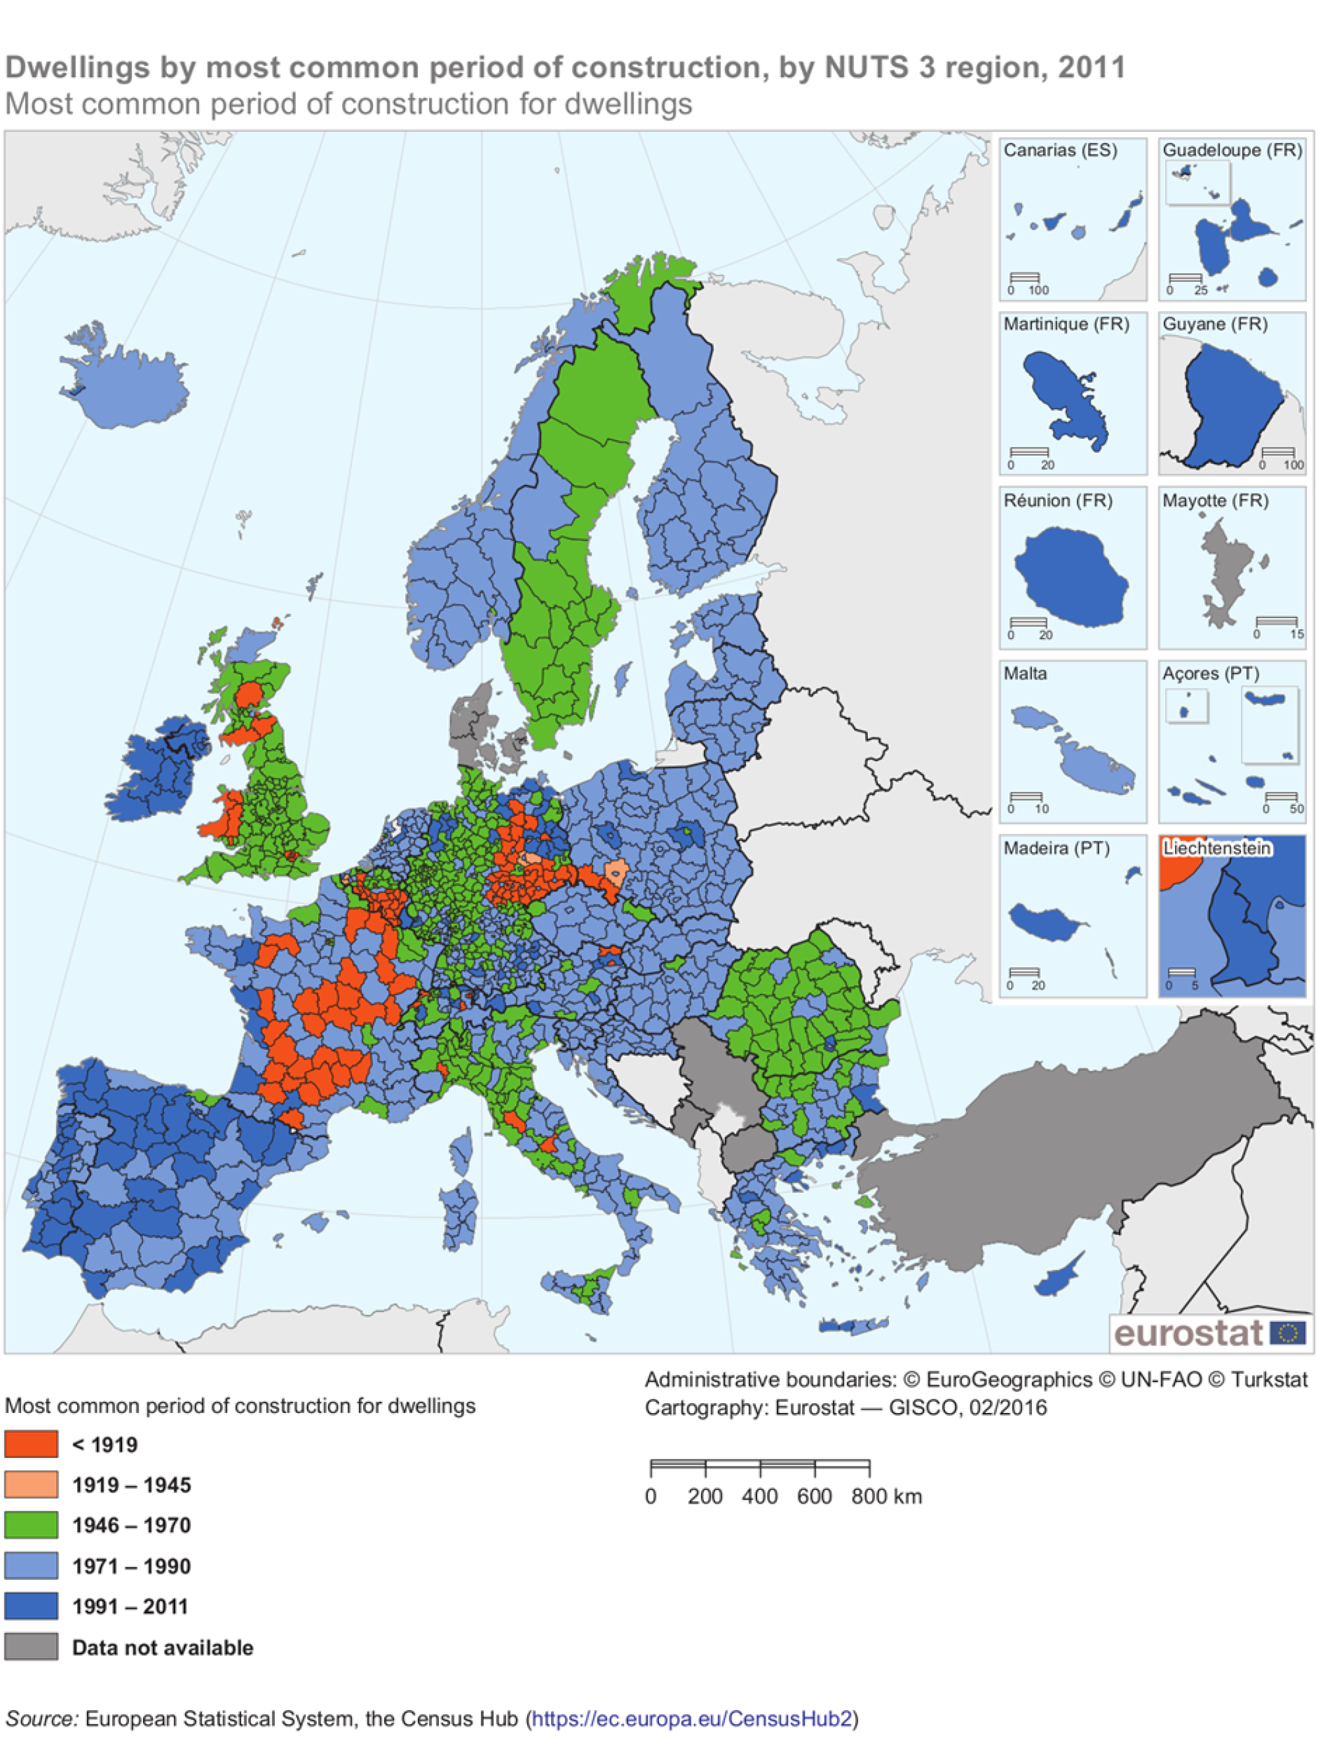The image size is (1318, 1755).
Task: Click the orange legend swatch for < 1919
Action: (31, 1444)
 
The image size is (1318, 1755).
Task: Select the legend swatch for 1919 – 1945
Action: (31, 1484)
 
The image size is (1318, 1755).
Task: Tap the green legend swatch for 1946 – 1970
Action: (31, 1525)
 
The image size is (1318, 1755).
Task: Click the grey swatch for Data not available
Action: (31, 1647)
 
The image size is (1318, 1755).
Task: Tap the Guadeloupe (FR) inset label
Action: (1232, 150)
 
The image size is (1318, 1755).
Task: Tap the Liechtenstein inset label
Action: (1217, 848)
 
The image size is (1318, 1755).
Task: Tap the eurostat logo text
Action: (1188, 1333)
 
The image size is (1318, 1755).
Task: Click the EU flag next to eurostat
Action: (1287, 1333)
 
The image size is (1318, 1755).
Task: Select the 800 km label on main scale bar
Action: (886, 1497)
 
